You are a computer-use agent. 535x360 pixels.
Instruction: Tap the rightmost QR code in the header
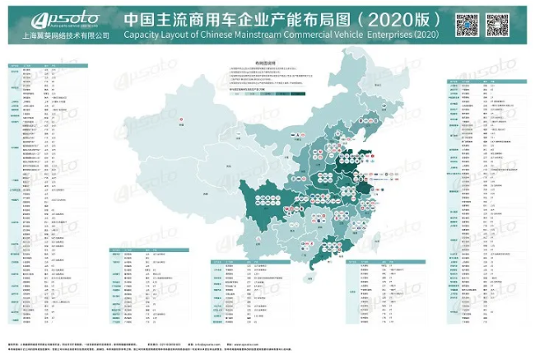[500, 25]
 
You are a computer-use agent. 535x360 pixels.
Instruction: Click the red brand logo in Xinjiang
[180, 123]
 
